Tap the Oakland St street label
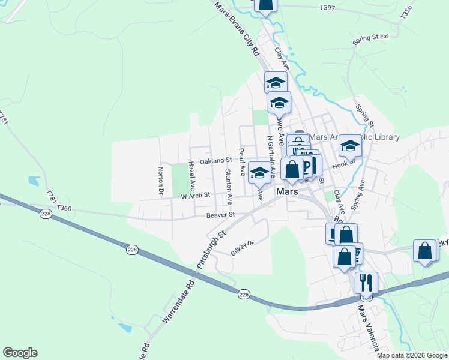pyautogui.click(x=216, y=161)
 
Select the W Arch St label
pyautogui.click(x=196, y=194)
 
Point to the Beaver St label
pyautogui.click(x=219, y=215)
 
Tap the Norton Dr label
pyautogui.click(x=161, y=181)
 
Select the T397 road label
pyautogui.click(x=328, y=8)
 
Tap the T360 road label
pyautogui.click(x=64, y=208)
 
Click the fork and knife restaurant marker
pyautogui.click(x=366, y=282)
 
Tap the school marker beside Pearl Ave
pyautogui.click(x=259, y=173)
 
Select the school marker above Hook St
pyautogui.click(x=350, y=145)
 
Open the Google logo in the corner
pyautogui.click(x=20, y=353)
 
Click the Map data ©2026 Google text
pyautogui.click(x=411, y=355)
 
